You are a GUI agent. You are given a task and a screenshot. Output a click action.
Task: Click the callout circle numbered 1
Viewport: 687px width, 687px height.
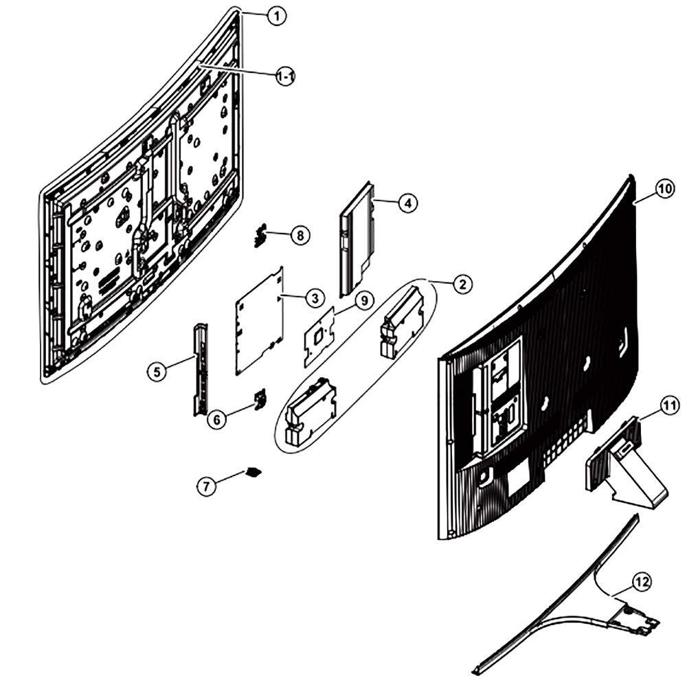coord(276,16)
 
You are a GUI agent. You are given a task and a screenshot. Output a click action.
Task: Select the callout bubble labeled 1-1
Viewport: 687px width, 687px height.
coord(286,77)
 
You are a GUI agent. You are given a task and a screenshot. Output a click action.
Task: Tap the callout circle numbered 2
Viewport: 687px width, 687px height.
coord(462,284)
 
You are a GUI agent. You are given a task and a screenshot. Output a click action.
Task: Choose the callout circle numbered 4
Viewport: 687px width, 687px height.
coord(408,203)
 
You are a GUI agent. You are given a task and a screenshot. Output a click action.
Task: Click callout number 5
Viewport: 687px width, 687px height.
coord(157,372)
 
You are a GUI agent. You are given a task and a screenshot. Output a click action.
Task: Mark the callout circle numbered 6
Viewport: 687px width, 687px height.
coord(217,419)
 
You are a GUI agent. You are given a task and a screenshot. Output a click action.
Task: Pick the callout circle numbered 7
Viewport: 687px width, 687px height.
coord(206,486)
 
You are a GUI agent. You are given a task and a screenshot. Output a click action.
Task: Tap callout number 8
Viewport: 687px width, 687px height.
coord(300,235)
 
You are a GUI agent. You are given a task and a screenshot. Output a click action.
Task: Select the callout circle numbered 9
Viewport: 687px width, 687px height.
coord(365,301)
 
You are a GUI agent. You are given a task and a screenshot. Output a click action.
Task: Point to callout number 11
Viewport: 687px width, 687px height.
coord(669,406)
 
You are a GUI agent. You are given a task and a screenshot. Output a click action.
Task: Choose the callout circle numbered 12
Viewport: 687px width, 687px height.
coord(642,582)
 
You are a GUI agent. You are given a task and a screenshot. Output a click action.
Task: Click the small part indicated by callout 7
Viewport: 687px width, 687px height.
coord(254,472)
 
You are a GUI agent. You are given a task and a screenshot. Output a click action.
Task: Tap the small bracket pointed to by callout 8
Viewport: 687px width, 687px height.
coord(260,235)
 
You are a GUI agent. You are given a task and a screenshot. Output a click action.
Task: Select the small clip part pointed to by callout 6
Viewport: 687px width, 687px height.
coord(260,399)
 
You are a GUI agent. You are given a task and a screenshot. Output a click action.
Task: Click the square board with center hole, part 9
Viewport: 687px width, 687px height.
coord(319,337)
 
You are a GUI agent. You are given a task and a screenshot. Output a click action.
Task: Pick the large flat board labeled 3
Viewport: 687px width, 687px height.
coord(260,321)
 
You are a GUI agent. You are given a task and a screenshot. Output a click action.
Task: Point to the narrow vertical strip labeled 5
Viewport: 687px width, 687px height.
coord(201,370)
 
